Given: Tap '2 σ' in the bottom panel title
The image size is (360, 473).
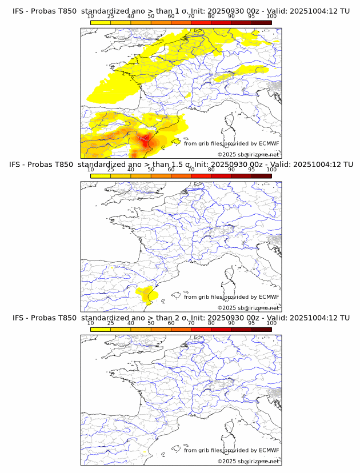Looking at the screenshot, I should [182, 318].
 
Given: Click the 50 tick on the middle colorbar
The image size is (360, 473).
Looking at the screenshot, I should [151, 170].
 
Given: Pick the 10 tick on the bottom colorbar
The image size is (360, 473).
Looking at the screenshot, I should [91, 323].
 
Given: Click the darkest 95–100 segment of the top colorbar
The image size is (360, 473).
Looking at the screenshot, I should [261, 22].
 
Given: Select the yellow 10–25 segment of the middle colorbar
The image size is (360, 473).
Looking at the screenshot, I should [101, 176].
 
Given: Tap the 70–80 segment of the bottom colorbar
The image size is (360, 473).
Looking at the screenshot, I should [201, 330].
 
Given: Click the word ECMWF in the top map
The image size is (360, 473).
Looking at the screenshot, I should [269, 144].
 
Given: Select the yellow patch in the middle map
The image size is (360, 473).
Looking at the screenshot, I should [147, 294].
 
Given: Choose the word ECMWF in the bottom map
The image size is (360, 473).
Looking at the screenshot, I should [269, 450].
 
